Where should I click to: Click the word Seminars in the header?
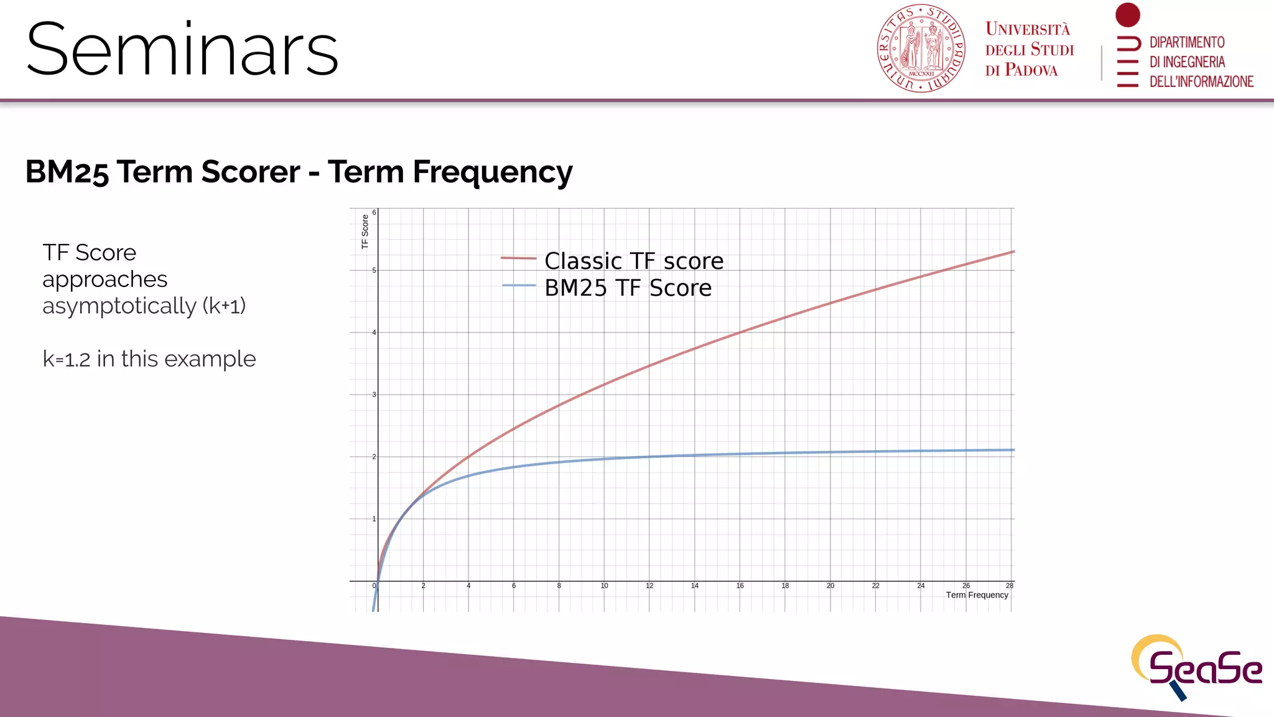tap(182, 50)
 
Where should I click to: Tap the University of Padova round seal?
tap(921, 49)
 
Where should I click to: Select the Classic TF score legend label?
tap(634, 261)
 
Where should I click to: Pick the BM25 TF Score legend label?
tap(628, 288)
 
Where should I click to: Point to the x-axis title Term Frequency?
tap(977, 595)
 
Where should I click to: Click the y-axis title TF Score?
tap(365, 232)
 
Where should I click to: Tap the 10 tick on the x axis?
tap(604, 586)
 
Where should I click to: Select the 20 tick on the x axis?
tap(830, 586)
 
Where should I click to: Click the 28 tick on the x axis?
tap(1009, 586)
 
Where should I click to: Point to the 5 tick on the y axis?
tap(374, 270)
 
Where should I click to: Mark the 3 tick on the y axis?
tap(374, 395)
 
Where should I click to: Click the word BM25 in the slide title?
tap(67, 172)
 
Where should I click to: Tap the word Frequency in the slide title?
tap(492, 172)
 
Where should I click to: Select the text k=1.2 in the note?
tap(67, 359)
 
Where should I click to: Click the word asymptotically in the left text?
tap(119, 306)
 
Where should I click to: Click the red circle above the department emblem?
tap(1127, 15)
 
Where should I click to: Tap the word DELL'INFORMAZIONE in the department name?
tap(1201, 82)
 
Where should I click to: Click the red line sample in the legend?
tap(518, 258)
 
